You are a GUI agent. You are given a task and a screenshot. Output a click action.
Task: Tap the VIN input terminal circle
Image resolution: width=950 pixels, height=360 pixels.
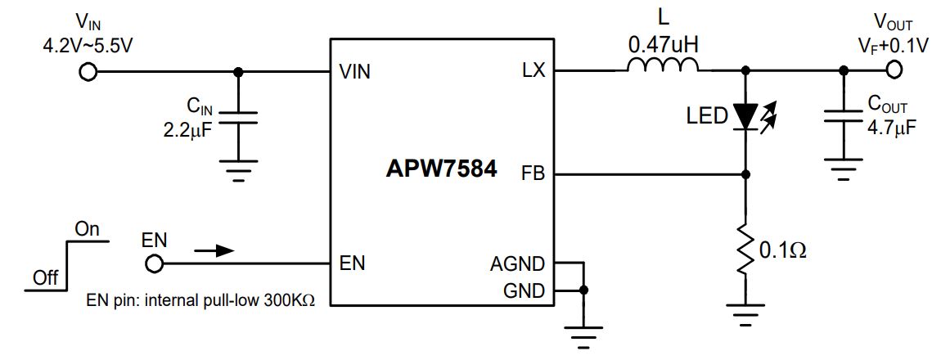coord(87,72)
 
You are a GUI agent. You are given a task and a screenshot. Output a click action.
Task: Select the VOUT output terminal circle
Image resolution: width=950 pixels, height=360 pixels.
coord(894,72)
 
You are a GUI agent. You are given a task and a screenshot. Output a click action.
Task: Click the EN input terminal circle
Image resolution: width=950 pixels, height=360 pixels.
coord(152,264)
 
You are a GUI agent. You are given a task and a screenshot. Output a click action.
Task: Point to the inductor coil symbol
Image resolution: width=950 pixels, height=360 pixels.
coord(664,65)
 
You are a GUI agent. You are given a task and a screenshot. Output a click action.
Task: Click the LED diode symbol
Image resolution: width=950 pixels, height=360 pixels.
coord(745,115)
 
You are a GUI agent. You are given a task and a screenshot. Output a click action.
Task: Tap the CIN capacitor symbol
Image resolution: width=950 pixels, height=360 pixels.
coord(239,119)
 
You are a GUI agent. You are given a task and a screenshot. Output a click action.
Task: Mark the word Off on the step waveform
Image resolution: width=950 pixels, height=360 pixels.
coord(45,278)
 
